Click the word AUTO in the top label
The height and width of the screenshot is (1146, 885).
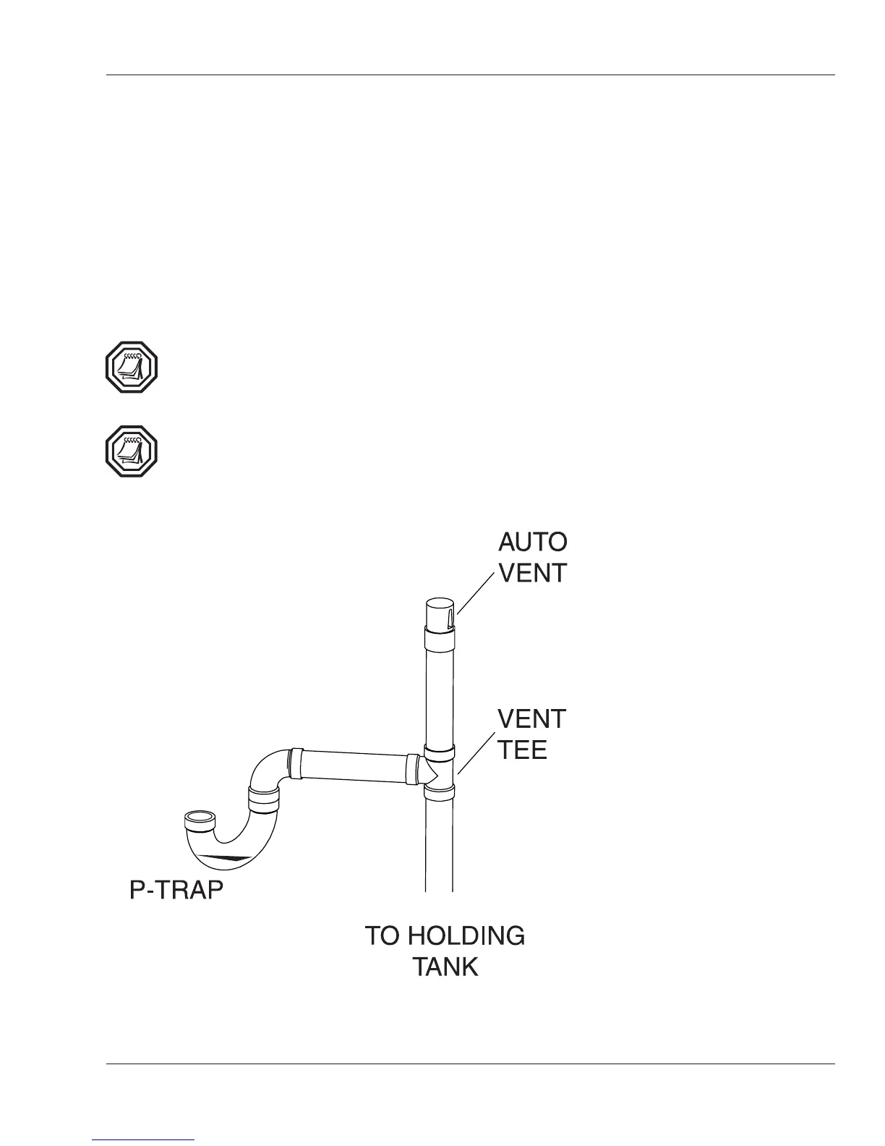pyautogui.click(x=533, y=542)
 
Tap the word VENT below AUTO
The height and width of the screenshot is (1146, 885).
pyautogui.click(x=533, y=573)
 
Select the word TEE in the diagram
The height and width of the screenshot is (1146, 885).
pyautogui.click(x=522, y=750)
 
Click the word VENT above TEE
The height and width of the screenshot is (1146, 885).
pyautogui.click(x=532, y=719)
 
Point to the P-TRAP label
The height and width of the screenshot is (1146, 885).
pyautogui.click(x=176, y=891)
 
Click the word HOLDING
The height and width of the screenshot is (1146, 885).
pyautogui.click(x=466, y=935)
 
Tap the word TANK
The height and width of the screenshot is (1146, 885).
pyautogui.click(x=445, y=967)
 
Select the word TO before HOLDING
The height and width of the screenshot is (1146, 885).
pyautogui.click(x=382, y=935)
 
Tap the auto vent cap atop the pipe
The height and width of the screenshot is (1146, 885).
pyautogui.click(x=438, y=613)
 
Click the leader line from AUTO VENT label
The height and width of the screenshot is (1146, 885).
pyautogui.click(x=477, y=591)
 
